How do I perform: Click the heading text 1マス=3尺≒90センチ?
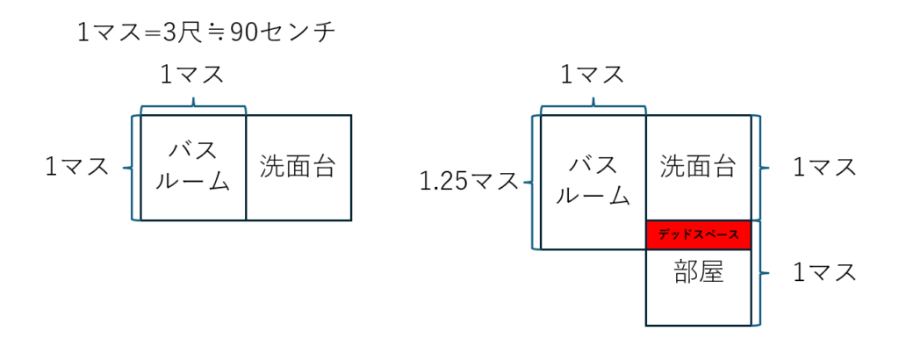(205, 33)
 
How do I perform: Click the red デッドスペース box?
(699, 235)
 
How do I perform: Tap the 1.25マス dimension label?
(469, 183)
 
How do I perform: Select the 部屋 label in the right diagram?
(698, 273)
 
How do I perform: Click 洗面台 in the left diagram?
(298, 167)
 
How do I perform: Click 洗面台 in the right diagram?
(698, 167)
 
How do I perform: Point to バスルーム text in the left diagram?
(193, 167)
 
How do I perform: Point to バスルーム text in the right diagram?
(593, 181)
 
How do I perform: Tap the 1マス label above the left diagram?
(191, 76)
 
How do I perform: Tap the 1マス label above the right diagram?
(592, 76)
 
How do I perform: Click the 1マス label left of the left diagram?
(77, 167)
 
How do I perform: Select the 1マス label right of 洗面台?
(824, 168)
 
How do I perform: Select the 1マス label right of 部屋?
(824, 273)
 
